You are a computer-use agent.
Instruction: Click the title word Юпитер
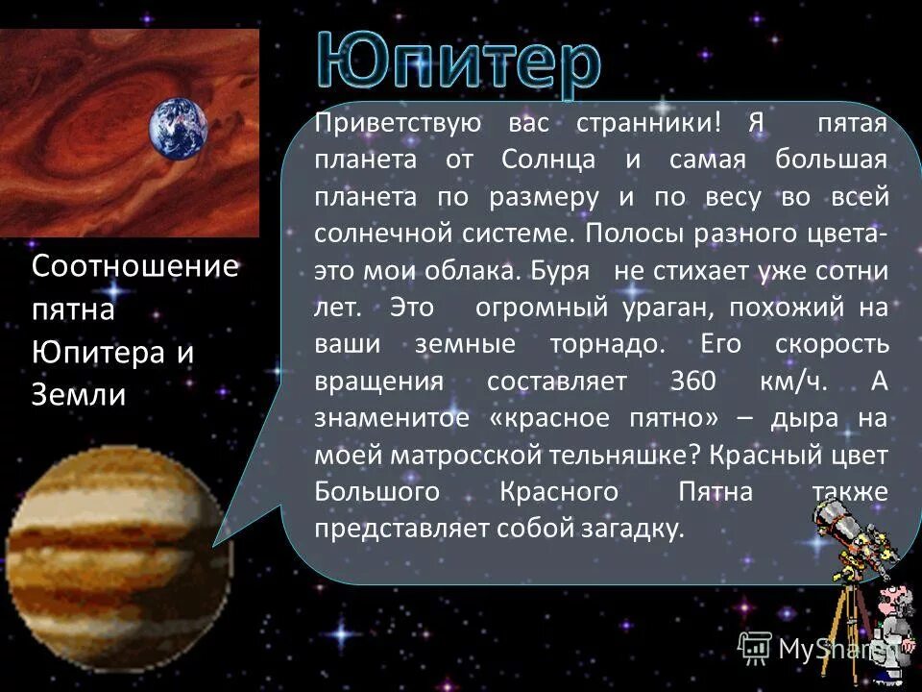coord(459,64)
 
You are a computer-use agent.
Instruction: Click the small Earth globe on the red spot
coord(178,129)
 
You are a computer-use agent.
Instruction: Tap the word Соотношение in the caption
coord(134,266)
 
